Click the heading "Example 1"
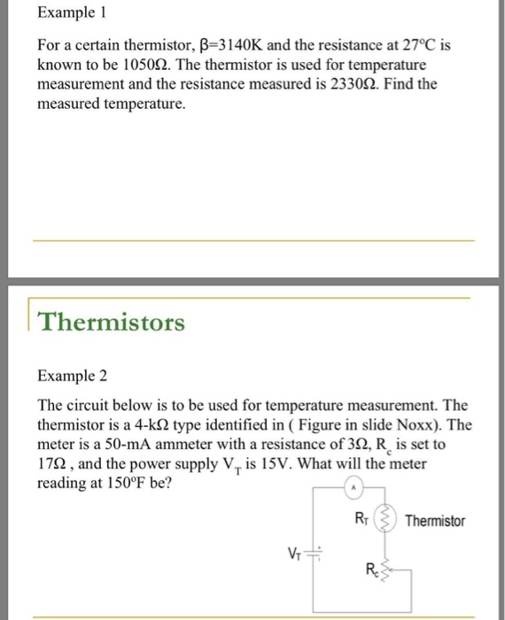pos(72,15)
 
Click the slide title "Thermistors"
pos(111,322)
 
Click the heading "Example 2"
pos(72,376)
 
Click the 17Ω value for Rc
pos(51,464)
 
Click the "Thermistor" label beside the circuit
pos(434,521)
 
